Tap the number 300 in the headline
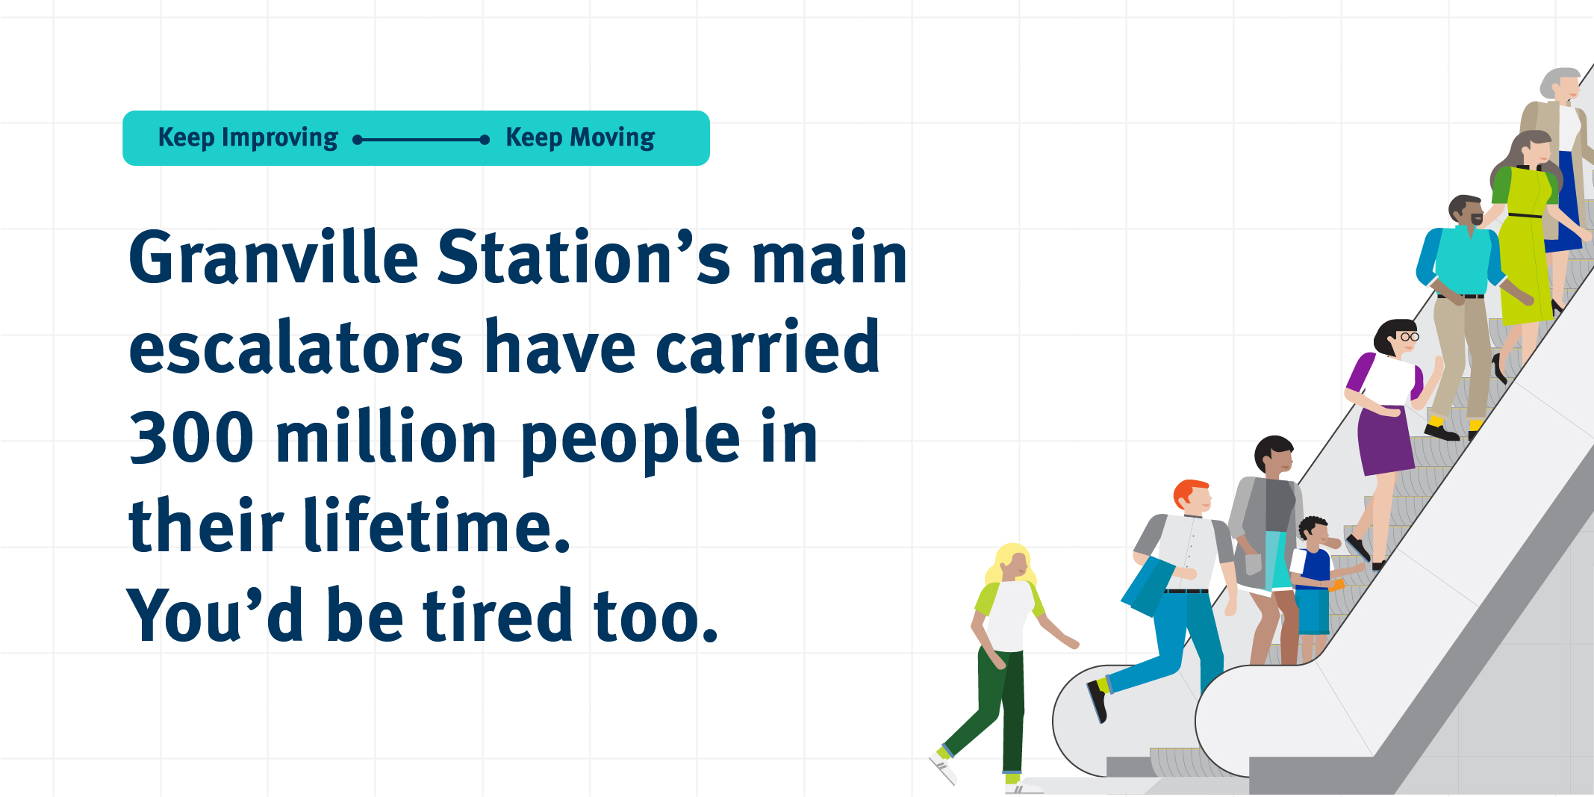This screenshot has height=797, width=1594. point(192,437)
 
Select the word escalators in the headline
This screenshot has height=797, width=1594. point(296,347)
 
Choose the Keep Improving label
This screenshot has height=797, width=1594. point(248,138)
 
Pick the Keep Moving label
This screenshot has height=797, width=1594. point(580,138)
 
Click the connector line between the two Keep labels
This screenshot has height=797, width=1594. point(422,140)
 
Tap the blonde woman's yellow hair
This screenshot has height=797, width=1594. point(1009,562)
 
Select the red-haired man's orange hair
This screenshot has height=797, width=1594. point(1189,492)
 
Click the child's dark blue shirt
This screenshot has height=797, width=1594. point(1314,568)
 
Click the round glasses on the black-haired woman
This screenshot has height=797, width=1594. point(1409,337)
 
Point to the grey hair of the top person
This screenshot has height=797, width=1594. point(1557,80)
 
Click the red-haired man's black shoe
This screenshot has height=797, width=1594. point(1097,700)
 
